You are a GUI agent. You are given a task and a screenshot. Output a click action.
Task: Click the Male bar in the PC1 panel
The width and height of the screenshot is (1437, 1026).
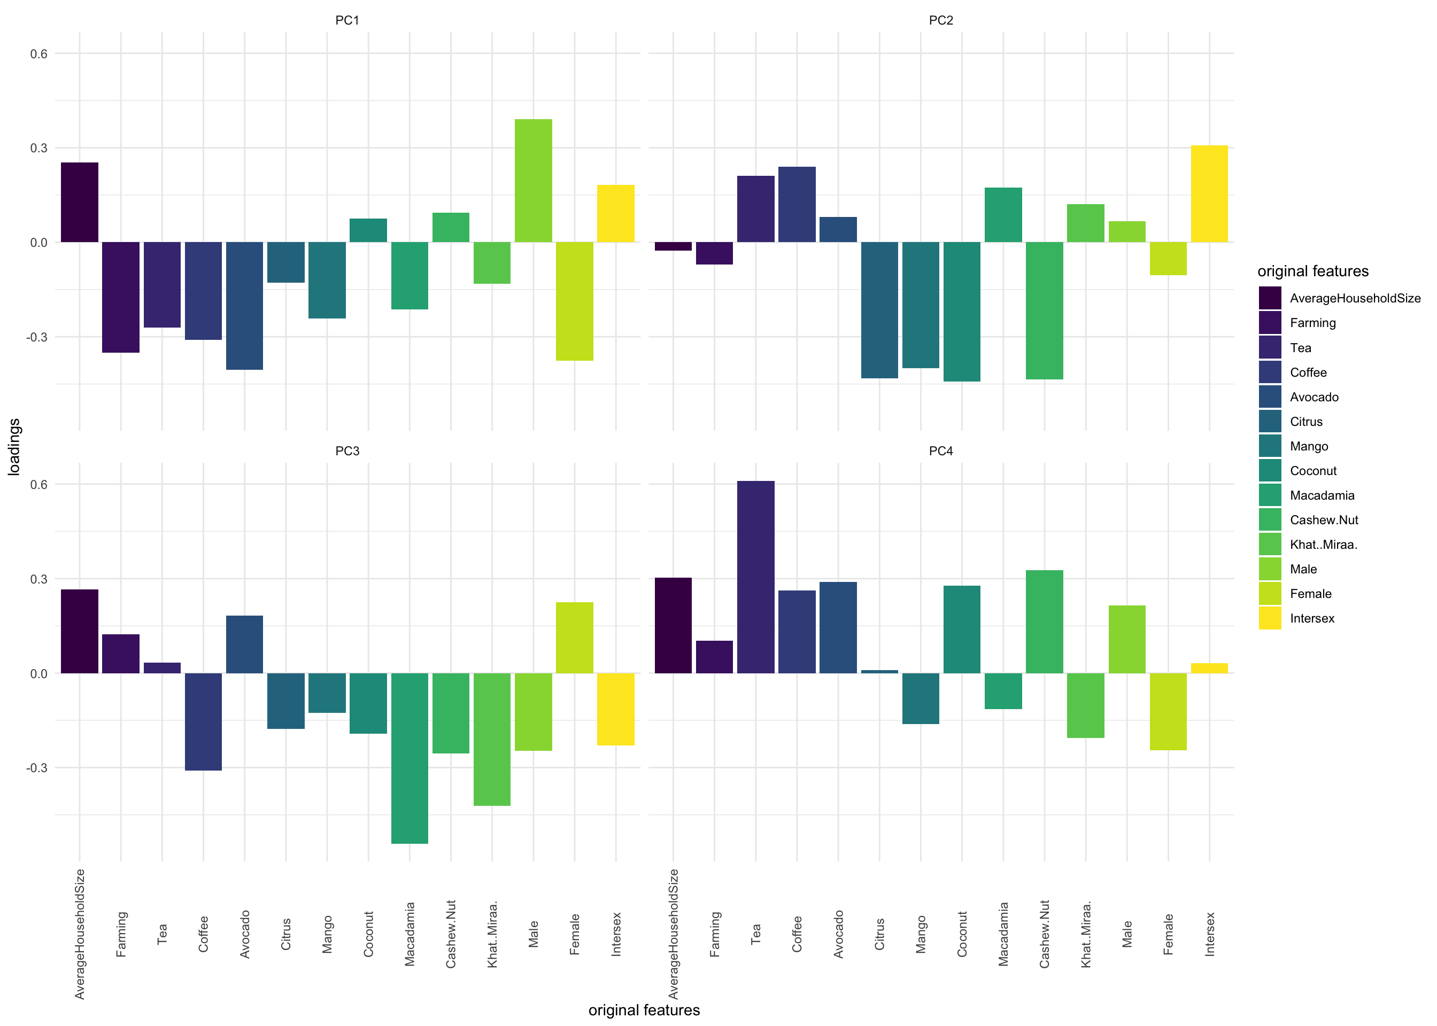point(534,181)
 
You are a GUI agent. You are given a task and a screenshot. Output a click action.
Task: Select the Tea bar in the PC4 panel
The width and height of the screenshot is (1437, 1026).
point(755,577)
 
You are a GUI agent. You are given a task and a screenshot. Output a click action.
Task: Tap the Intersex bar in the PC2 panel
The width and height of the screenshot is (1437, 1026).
point(1209,194)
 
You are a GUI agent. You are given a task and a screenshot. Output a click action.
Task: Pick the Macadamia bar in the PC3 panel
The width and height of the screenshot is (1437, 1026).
point(410,758)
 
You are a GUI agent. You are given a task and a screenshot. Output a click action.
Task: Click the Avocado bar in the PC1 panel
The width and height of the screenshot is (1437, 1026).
point(244,306)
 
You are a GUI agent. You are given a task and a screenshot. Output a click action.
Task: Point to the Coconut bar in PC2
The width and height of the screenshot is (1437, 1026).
point(961,312)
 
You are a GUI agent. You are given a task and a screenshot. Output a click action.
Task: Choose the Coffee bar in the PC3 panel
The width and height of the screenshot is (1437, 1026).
point(203,721)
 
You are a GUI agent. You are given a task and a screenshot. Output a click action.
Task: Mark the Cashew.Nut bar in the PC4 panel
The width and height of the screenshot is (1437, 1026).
point(1044,621)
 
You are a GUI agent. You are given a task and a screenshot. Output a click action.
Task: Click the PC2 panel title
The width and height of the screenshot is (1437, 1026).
point(940,20)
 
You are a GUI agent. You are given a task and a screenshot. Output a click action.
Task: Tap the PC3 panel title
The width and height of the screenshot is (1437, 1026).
point(347,451)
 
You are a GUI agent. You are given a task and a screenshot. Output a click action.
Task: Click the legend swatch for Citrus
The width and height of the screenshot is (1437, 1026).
point(1270,422)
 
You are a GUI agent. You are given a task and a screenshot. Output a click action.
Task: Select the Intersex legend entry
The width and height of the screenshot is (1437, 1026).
point(1312,618)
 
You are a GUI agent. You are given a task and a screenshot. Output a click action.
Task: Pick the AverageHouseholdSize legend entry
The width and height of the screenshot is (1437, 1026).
point(1355,298)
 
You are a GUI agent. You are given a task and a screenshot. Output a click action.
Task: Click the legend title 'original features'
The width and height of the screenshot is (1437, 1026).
point(1312,271)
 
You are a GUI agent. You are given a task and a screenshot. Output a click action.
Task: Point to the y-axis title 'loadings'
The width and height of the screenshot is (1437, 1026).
point(14,447)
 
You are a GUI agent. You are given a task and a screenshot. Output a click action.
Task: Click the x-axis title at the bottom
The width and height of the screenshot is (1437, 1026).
point(644,1010)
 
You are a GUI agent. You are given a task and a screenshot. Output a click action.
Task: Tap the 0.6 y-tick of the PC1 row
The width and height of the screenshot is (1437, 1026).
point(39,53)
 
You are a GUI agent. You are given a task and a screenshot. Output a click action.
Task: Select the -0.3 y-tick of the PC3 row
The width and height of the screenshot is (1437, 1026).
point(37,767)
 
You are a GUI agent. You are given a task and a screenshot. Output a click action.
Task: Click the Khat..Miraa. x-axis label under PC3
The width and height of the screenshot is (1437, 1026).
point(493,934)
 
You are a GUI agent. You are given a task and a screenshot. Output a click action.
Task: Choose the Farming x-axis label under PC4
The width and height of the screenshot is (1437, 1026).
point(715,934)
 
